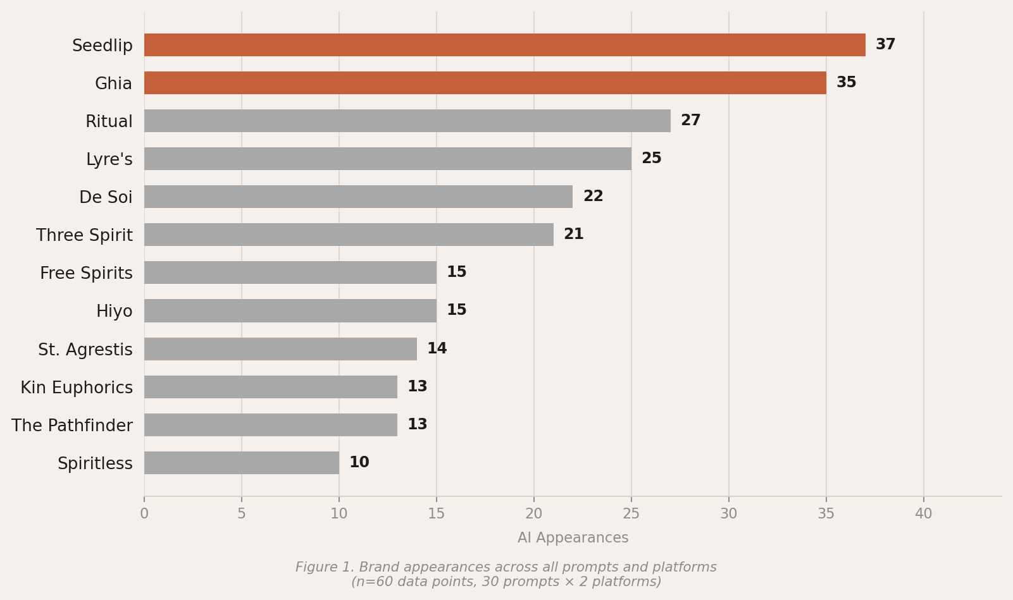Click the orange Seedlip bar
coord(504,45)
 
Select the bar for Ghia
coord(485,83)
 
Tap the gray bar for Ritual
coord(407,121)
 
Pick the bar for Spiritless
coord(241,463)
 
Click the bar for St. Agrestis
coord(280,349)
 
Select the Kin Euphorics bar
coord(270,387)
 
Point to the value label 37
coord(885,45)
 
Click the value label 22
coord(593,197)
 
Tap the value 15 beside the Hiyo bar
coord(456,310)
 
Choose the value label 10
coord(359,463)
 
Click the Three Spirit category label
coord(84,236)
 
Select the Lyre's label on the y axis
coord(109,160)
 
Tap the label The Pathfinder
coord(72,426)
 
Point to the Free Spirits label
coord(86,274)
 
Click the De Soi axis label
coord(106,198)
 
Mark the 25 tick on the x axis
coord(631,514)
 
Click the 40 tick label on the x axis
coord(923,514)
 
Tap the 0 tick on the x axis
coord(144,514)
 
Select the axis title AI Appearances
coord(573,538)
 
